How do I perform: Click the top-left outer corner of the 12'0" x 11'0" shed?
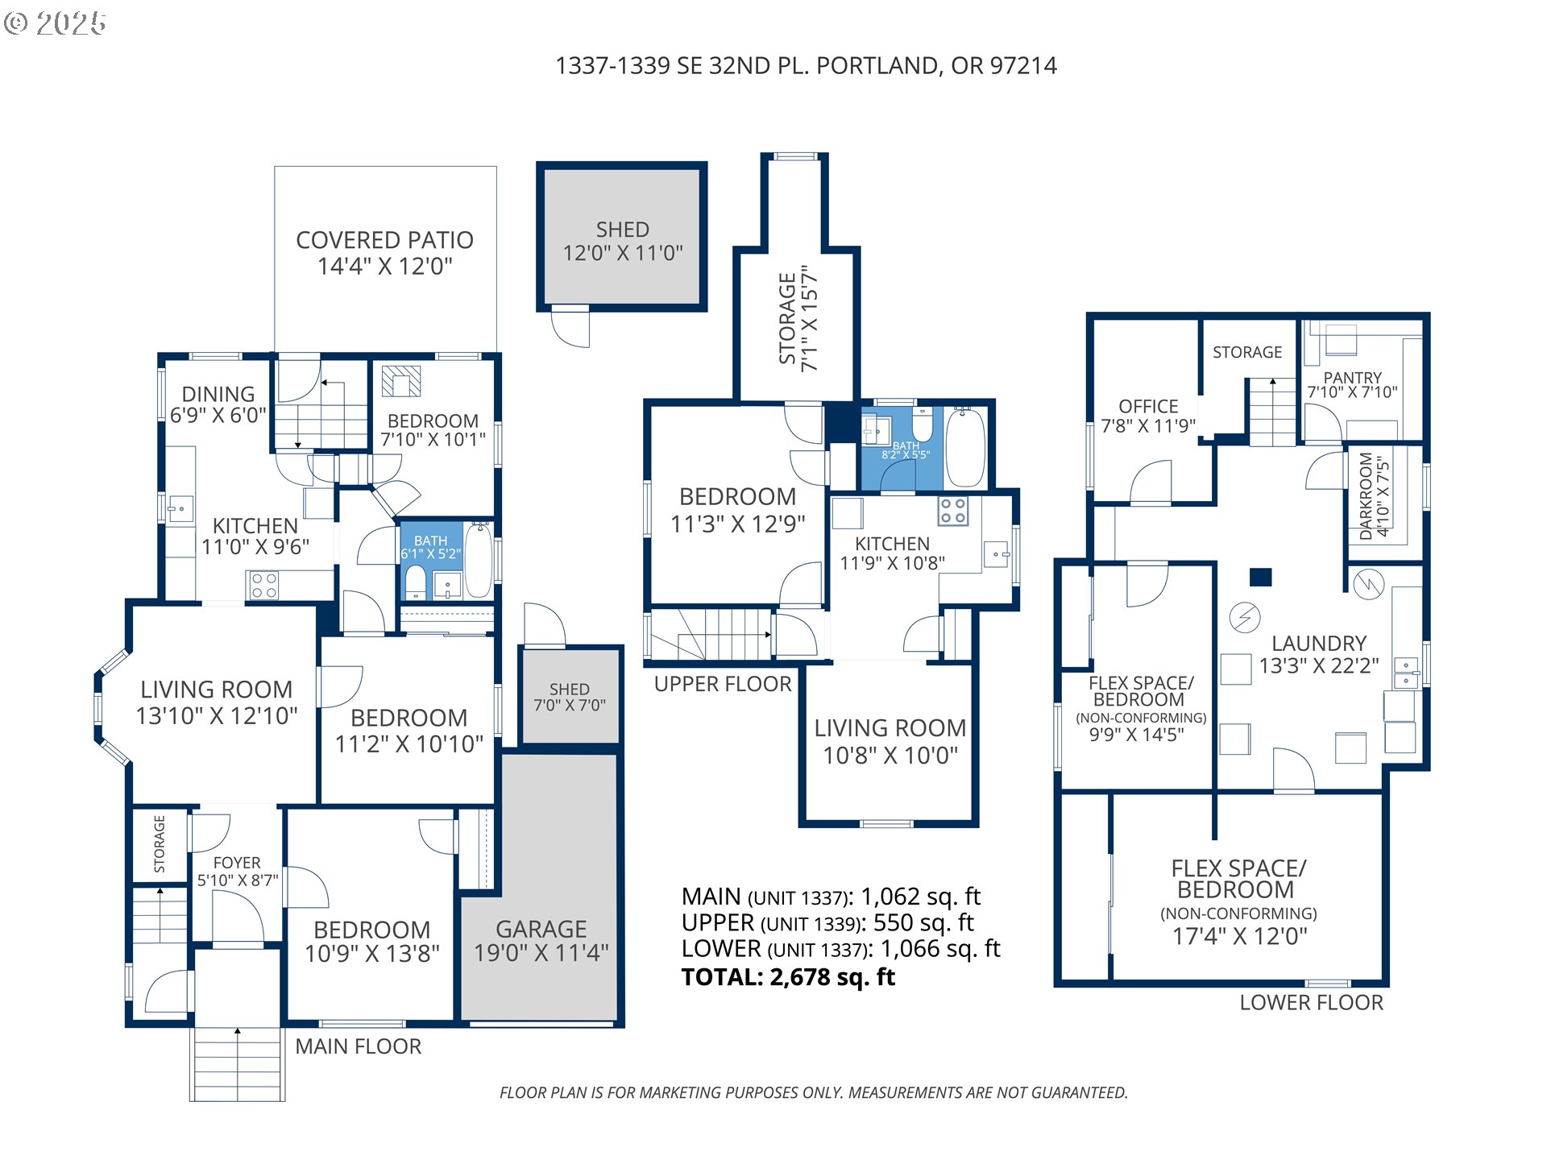[537, 163]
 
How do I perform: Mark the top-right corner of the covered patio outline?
[496, 167]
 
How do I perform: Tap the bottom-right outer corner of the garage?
[624, 1027]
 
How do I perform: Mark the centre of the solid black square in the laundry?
[1260, 577]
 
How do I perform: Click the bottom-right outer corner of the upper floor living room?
[978, 826]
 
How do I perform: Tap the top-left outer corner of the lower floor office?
[1087, 313]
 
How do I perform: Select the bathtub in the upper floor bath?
[964, 447]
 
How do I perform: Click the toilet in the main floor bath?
[415, 581]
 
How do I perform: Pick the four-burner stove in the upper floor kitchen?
[953, 511]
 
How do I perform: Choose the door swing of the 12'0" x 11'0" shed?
[570, 326]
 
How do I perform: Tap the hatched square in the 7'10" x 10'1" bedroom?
[401, 381]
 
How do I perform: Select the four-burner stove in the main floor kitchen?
[264, 586]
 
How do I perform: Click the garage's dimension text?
[541, 953]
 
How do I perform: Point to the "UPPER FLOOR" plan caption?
[723, 684]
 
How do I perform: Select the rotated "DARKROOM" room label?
[1365, 496]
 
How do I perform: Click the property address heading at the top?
[806, 65]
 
